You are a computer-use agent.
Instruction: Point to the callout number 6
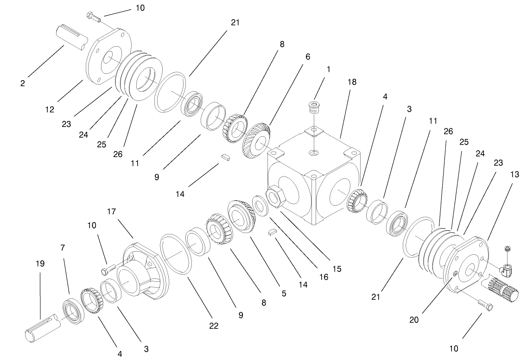307,57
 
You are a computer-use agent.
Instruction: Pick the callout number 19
40,264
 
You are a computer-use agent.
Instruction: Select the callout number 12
50,110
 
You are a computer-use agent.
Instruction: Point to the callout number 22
213,326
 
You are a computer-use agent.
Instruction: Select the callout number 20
415,319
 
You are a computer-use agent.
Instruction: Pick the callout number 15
337,268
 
